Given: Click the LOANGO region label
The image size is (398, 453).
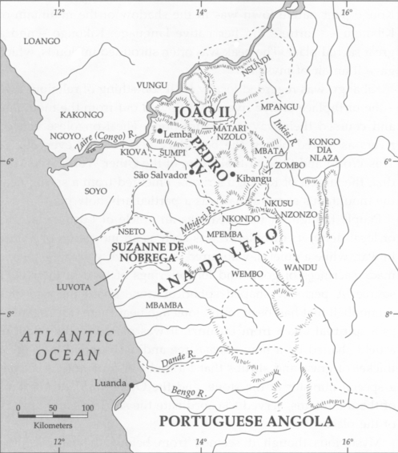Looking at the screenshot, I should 42,40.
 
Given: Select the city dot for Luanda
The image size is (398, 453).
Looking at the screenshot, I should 132,384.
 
